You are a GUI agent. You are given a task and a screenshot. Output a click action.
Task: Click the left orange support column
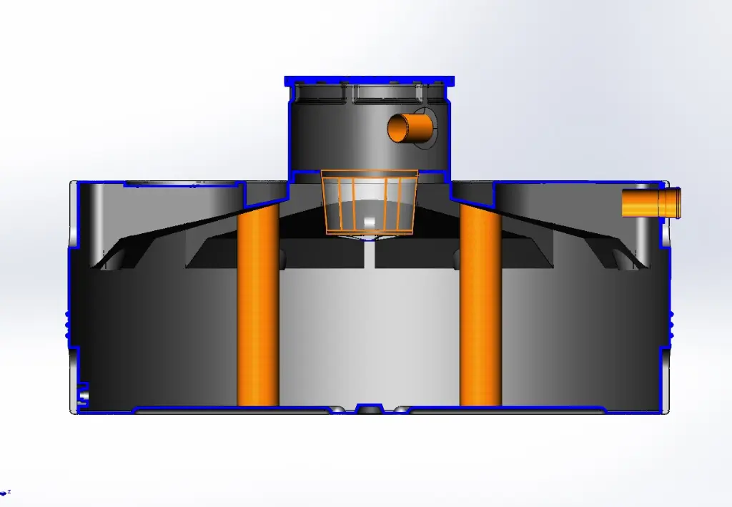[257, 307]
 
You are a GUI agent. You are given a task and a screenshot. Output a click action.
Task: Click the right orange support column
[480, 307]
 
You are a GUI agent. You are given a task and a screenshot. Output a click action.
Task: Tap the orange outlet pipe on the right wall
[643, 202]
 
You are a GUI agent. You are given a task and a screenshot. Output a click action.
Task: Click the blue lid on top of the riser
[370, 79]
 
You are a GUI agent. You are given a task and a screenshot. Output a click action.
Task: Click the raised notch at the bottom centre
[369, 408]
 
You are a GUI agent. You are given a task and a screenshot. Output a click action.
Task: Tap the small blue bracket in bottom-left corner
[83, 393]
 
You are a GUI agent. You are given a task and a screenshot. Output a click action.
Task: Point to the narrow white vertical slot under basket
[369, 255]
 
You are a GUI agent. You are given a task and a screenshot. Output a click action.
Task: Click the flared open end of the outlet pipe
[674, 202]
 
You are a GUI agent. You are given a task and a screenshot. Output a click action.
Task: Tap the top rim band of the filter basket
[369, 174]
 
